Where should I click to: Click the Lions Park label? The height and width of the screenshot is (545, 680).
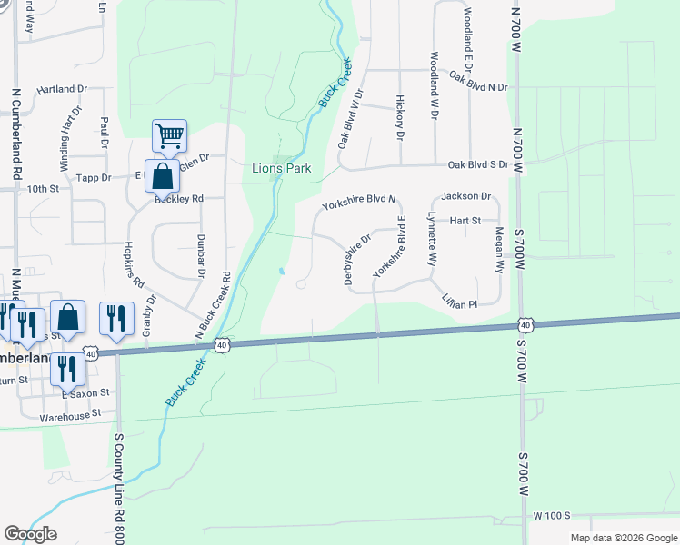[x=281, y=168]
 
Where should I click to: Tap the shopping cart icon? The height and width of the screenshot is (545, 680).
[x=169, y=136]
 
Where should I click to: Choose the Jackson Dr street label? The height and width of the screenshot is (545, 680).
[x=466, y=196]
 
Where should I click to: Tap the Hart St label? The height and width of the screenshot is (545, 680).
[x=464, y=220]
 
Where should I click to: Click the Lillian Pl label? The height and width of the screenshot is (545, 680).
[x=460, y=306]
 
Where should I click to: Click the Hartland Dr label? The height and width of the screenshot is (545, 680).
[x=61, y=90]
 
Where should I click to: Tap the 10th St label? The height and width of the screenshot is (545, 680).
[x=42, y=189]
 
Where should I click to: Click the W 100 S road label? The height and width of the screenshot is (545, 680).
[x=551, y=515]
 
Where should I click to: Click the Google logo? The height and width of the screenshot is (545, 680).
[x=30, y=534]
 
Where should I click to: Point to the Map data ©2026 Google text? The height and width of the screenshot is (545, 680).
[x=623, y=538]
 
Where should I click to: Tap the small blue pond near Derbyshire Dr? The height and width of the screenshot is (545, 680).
[x=283, y=272]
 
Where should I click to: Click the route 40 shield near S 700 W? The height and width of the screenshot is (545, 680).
[x=525, y=324]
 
